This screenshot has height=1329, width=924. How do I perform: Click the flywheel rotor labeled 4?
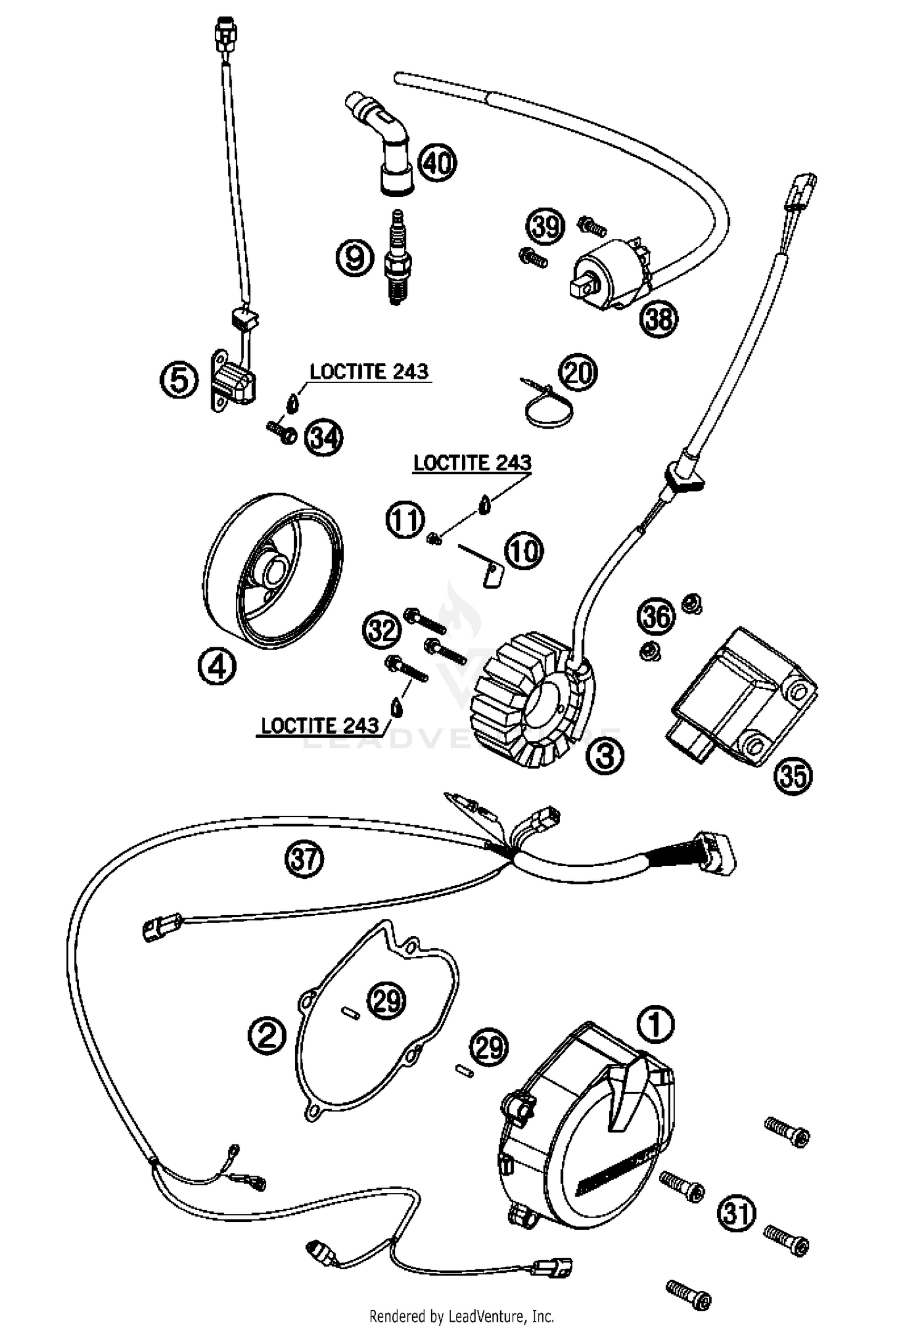(272, 573)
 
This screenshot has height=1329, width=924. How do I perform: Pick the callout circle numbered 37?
(304, 858)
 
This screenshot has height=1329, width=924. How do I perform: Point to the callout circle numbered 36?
(656, 616)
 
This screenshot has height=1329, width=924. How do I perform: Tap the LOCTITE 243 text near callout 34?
(368, 372)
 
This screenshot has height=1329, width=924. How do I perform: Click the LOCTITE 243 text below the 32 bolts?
(320, 725)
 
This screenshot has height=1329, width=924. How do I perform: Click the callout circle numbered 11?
(405, 521)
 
